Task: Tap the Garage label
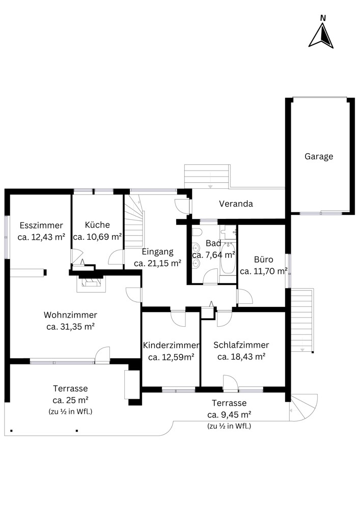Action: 319,156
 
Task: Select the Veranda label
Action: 236,204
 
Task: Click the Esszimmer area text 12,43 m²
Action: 41,237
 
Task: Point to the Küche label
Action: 97,224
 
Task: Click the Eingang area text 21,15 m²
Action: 158,263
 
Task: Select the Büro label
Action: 264,260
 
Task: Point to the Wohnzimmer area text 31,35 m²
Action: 70,327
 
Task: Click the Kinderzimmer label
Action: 171,345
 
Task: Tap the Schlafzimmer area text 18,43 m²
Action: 241,357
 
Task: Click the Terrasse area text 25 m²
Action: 71,400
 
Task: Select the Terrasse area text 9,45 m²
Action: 229,414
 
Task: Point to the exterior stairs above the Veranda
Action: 207,176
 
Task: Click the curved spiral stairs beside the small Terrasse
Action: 303,408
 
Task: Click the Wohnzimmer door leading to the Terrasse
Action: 102,355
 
